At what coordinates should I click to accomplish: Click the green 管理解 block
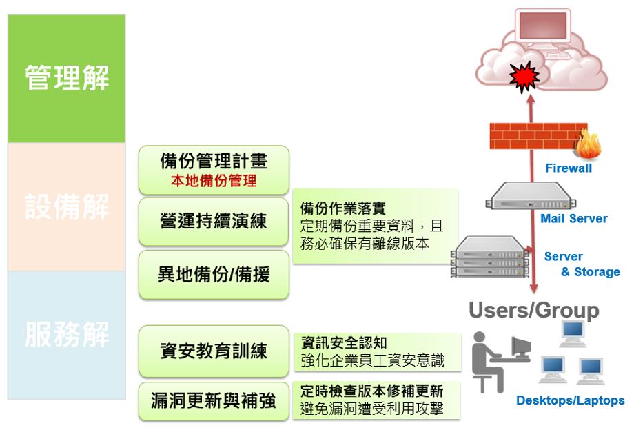pyautogui.click(x=67, y=78)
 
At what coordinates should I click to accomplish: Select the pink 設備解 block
pyautogui.click(x=67, y=206)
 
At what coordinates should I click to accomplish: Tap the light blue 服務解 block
pyautogui.click(x=67, y=335)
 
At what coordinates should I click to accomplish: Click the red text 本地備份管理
pyautogui.click(x=214, y=181)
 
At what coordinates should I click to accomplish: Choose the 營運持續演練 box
pyautogui.click(x=214, y=222)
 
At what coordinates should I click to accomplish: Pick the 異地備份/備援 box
pyautogui.click(x=214, y=275)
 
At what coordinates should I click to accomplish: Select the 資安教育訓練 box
pyautogui.click(x=214, y=351)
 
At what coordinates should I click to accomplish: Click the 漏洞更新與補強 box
pyautogui.click(x=214, y=401)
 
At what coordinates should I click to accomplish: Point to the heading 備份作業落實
pyautogui.click(x=343, y=208)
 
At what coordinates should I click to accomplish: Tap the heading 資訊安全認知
pyautogui.click(x=344, y=343)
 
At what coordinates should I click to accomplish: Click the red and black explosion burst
pyautogui.click(x=524, y=77)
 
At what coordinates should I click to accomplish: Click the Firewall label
pyautogui.click(x=568, y=168)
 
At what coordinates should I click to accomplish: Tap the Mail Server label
pyautogui.click(x=574, y=219)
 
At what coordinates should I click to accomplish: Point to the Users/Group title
pyautogui.click(x=533, y=311)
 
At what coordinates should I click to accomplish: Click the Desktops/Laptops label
pyautogui.click(x=570, y=400)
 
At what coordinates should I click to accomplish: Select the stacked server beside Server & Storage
pyautogui.click(x=490, y=257)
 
